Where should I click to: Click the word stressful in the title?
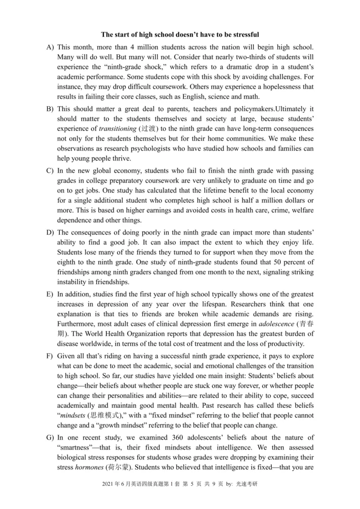245,35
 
